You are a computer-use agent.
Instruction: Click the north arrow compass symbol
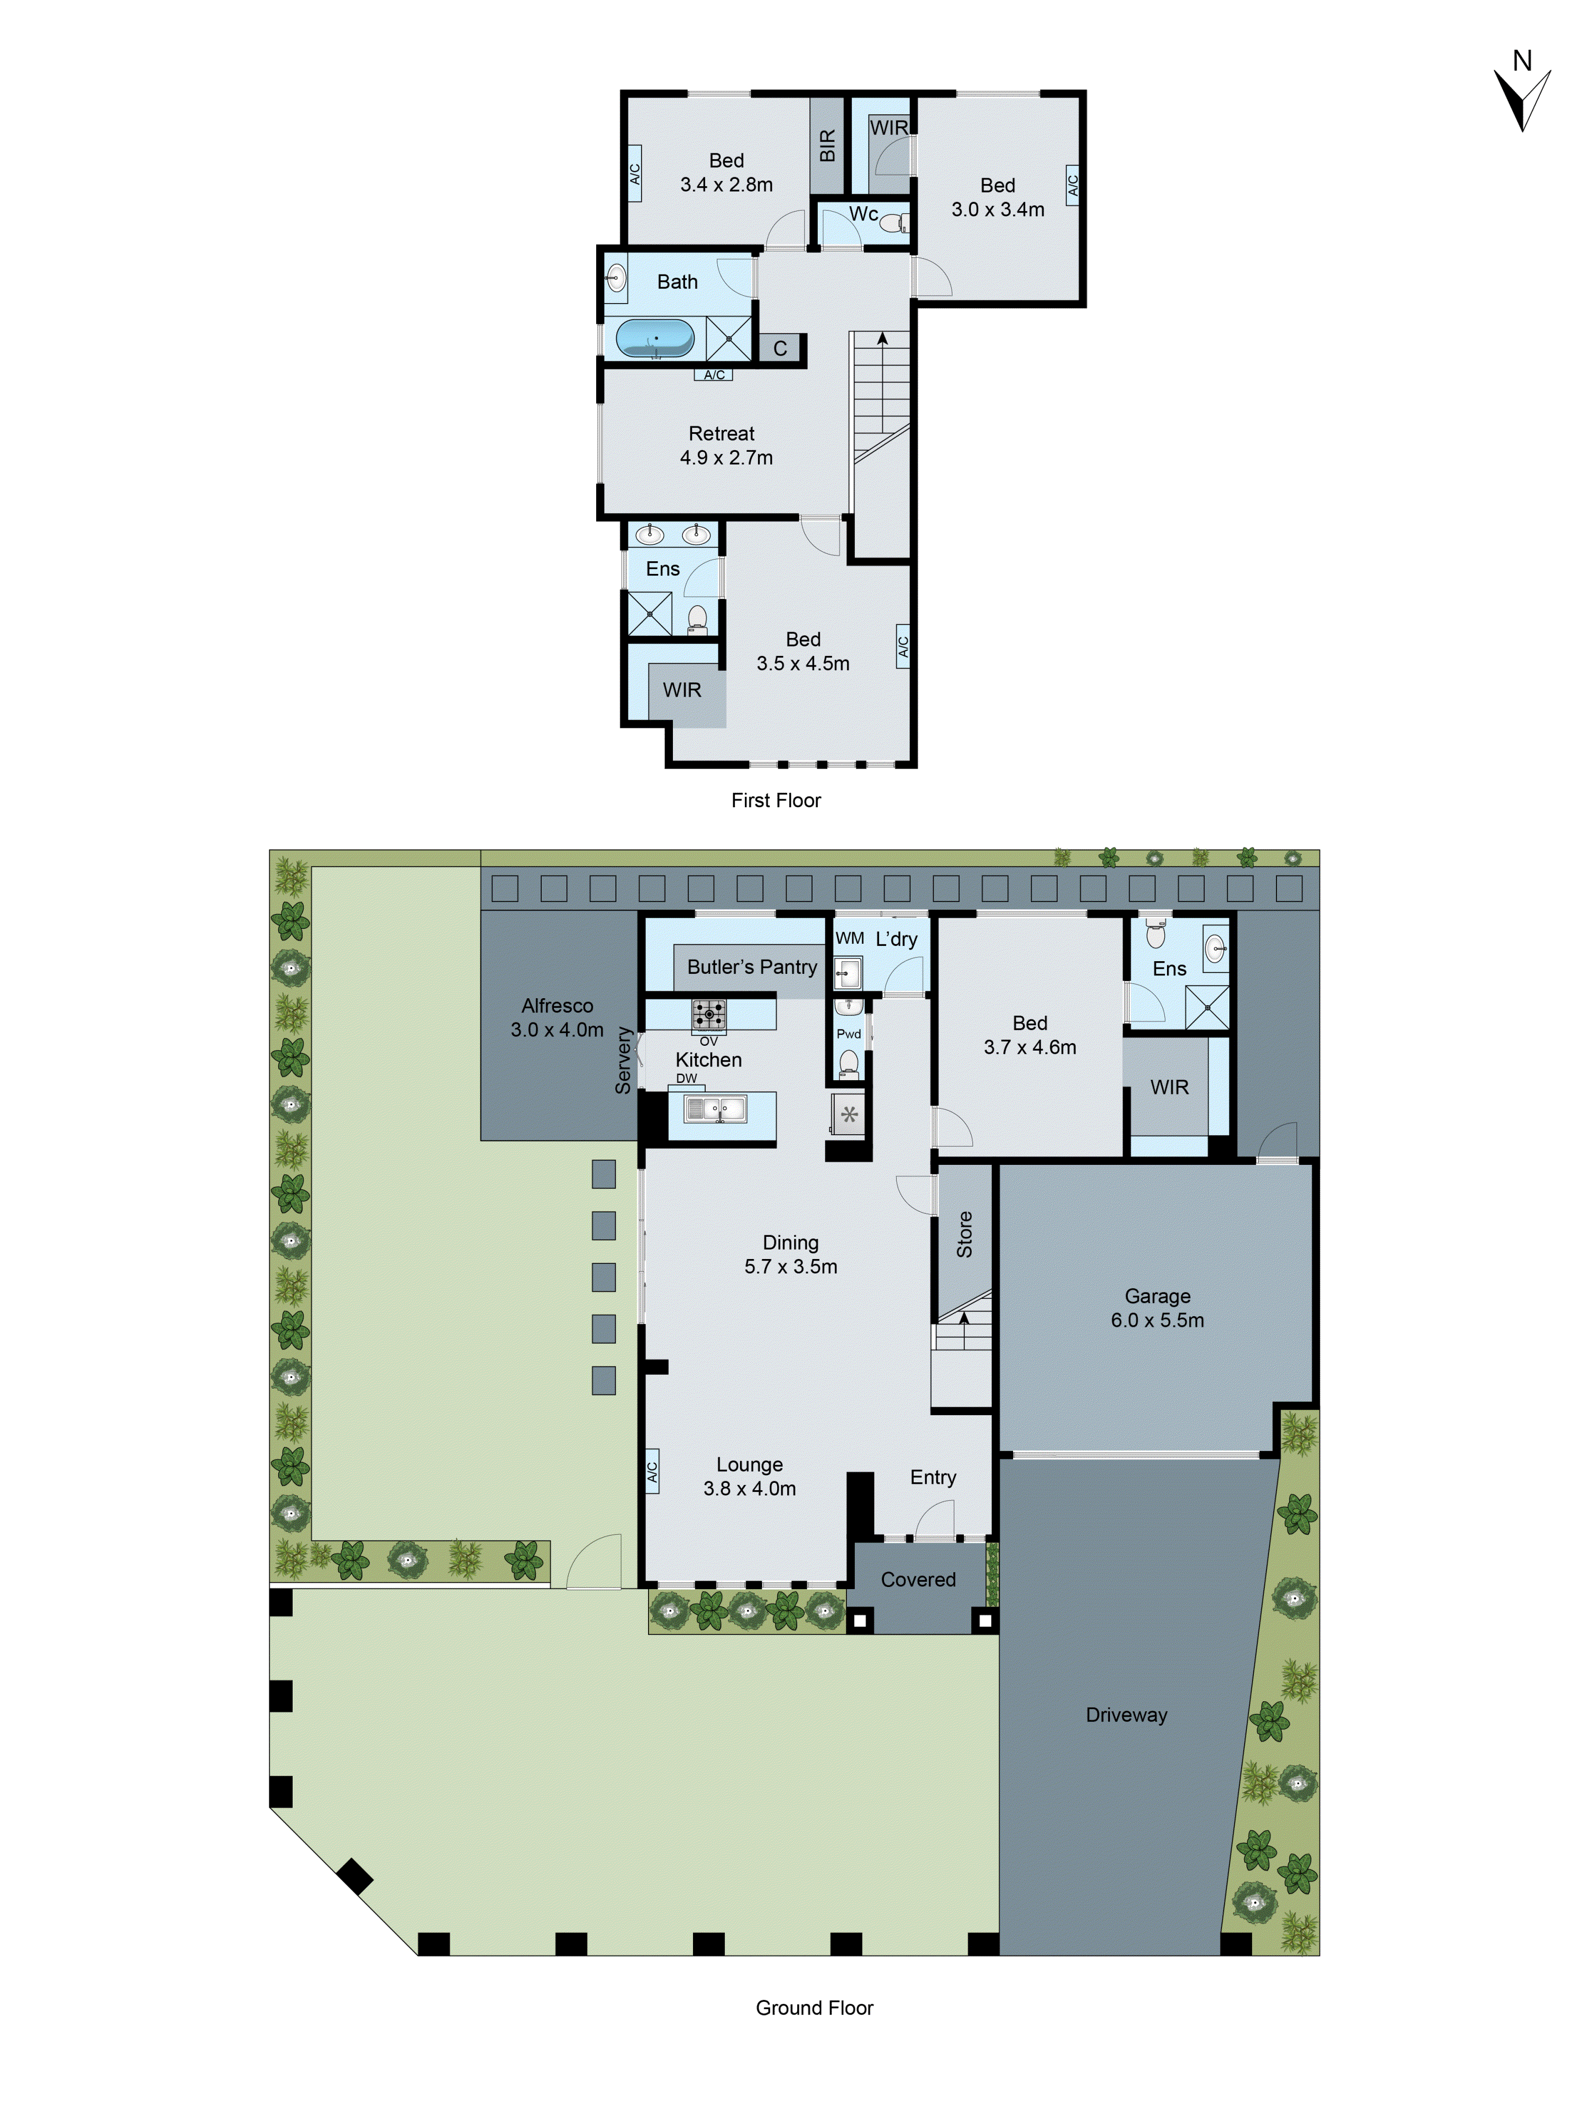point(1521,96)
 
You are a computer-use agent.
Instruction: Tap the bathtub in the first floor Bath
point(655,338)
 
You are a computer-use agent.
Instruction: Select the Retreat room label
point(721,433)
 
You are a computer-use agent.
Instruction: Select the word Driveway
point(1126,1715)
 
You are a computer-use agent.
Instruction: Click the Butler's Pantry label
point(752,967)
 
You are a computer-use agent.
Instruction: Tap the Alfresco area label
point(557,1006)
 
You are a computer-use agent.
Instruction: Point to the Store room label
point(964,1234)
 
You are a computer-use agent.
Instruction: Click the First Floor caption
point(776,801)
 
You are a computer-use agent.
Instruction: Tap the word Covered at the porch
point(917,1580)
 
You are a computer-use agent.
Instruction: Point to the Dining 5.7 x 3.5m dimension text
point(790,1266)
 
